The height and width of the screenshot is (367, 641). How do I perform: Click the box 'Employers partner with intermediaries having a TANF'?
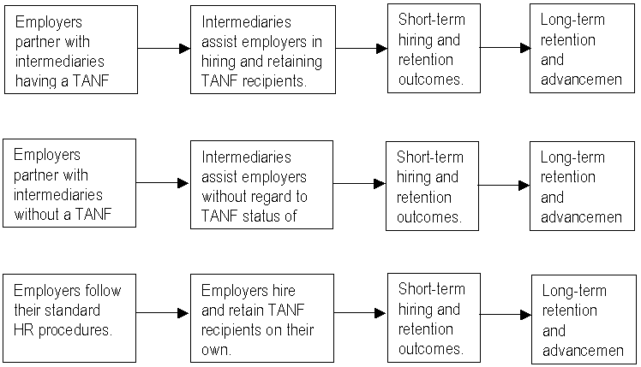coord(70,50)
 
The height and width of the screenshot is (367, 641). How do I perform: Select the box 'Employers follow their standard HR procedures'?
coord(70,317)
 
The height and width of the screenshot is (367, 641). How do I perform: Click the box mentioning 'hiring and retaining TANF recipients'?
coord(261,50)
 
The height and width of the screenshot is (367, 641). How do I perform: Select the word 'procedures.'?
coord(76,329)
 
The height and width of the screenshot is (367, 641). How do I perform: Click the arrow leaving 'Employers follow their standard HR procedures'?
coord(163,314)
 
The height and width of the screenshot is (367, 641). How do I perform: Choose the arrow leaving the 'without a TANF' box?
coord(163,183)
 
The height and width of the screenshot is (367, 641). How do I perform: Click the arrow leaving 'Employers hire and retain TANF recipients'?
coord(359,314)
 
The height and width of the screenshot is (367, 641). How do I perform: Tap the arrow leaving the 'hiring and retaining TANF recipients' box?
coord(359,49)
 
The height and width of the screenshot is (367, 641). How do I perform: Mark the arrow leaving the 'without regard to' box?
coord(359,183)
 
